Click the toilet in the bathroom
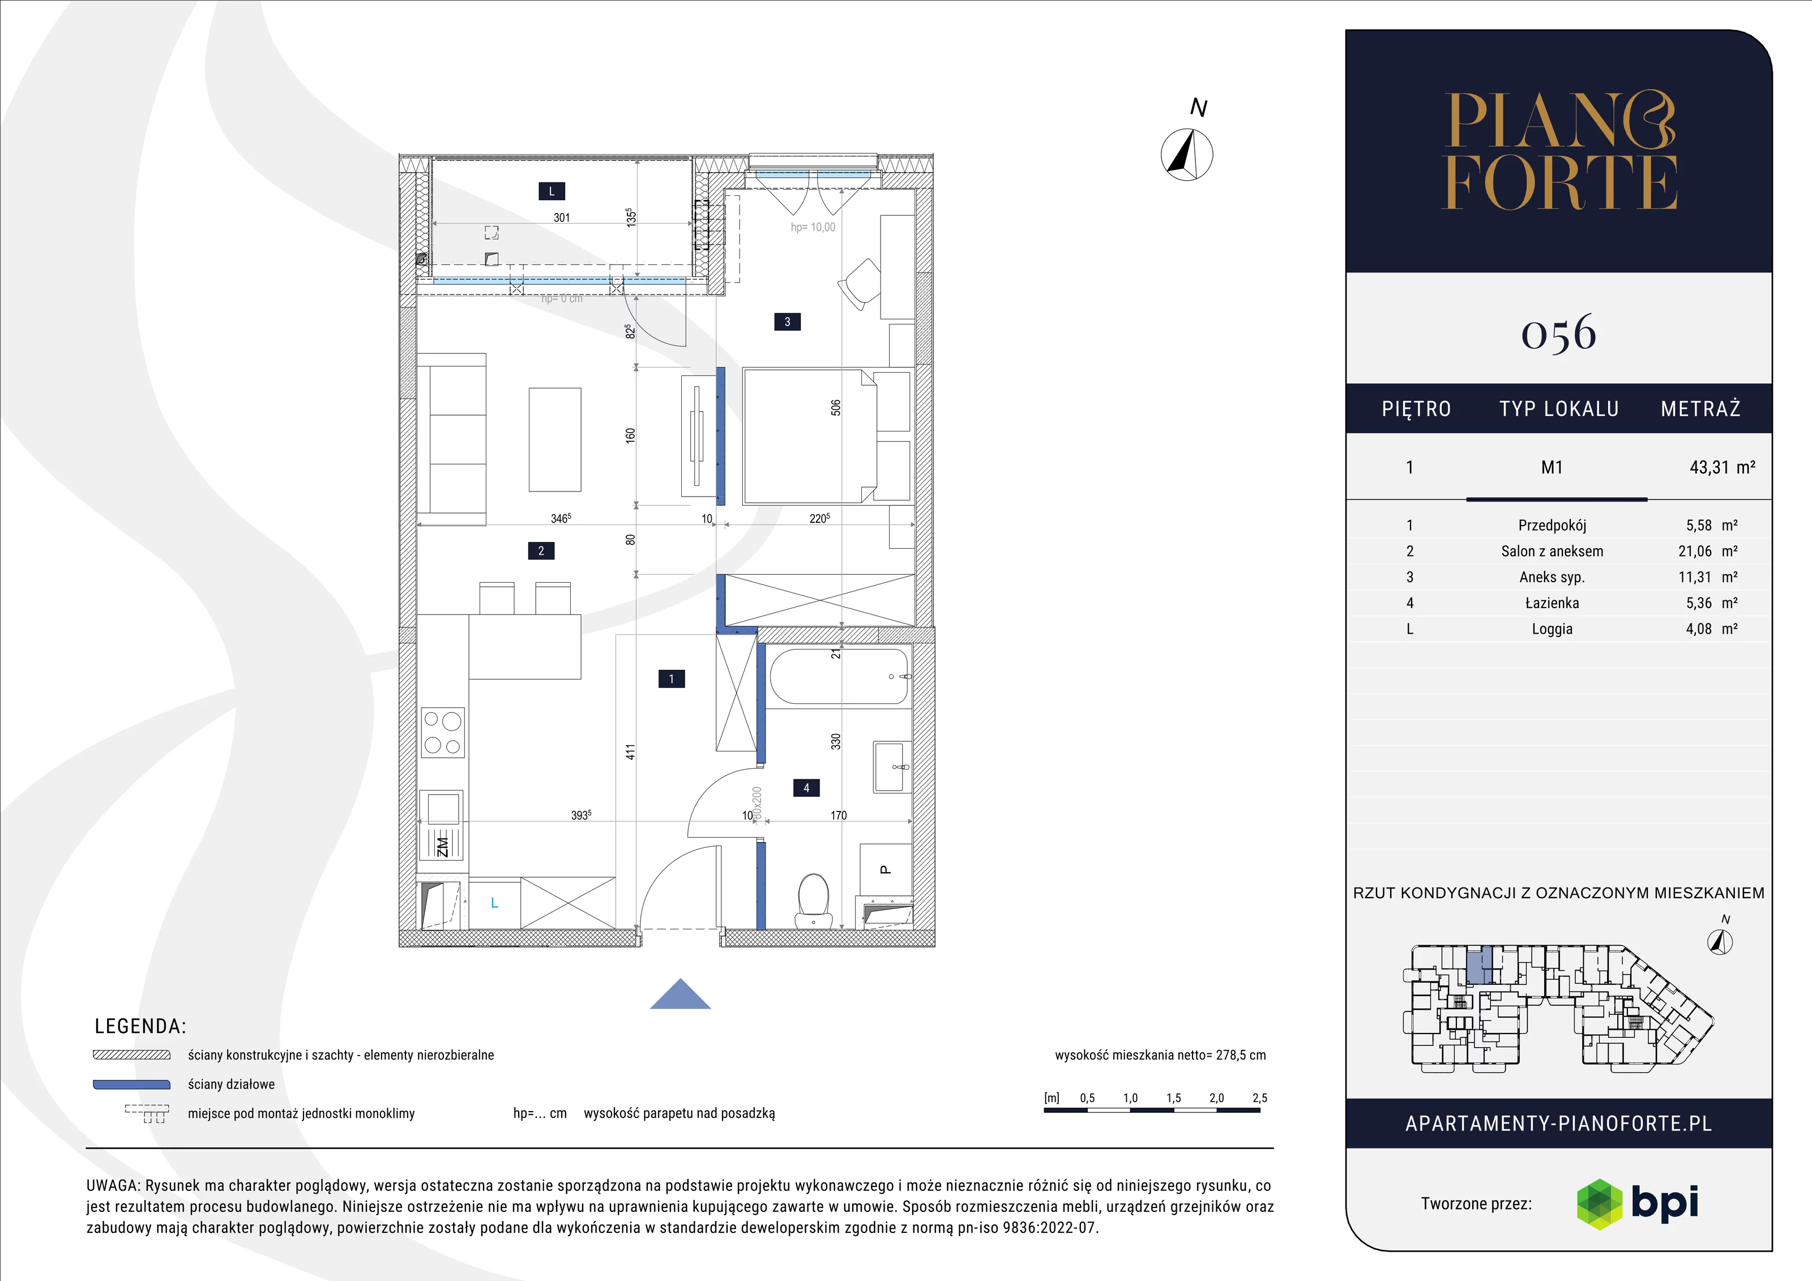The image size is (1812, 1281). (814, 900)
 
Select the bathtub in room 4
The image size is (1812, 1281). (840, 676)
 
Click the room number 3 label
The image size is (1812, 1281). (787, 322)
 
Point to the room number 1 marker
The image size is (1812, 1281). (672, 679)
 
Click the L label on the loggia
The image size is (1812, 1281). (552, 191)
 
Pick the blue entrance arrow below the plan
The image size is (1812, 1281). (680, 994)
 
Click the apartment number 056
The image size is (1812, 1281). (1559, 333)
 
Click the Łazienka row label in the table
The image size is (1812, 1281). (1552, 603)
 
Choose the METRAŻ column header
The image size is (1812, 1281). (1700, 409)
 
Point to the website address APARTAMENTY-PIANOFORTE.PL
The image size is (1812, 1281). (1559, 1124)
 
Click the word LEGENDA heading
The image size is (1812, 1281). (140, 1026)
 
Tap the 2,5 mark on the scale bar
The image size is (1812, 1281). (1259, 1098)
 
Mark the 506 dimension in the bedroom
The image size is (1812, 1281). (836, 408)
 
